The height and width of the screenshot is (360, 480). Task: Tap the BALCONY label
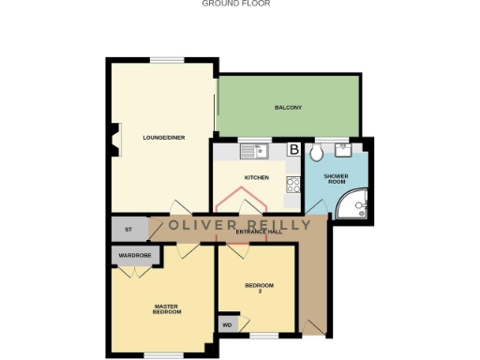(x=288, y=108)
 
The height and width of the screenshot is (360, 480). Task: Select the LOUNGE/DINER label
(x=163, y=138)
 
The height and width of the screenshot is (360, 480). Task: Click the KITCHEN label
(x=256, y=177)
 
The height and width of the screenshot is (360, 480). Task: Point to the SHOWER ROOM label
(x=336, y=178)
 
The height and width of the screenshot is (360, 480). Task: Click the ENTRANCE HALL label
(x=260, y=230)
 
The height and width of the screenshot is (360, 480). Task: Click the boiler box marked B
(x=293, y=149)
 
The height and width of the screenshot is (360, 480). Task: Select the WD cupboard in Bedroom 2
(x=226, y=325)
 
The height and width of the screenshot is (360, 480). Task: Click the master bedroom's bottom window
(x=163, y=354)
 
